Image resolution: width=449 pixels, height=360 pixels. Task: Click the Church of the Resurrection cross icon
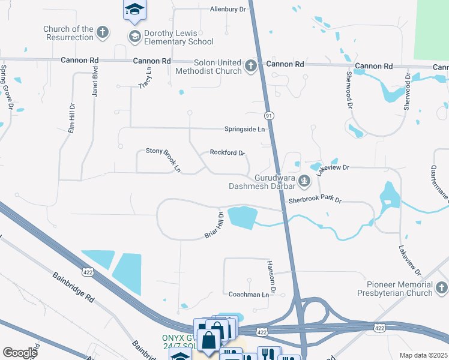[x=103, y=32]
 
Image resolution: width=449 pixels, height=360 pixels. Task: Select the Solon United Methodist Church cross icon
[x=251, y=66]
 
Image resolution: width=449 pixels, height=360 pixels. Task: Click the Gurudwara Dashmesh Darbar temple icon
[x=304, y=179]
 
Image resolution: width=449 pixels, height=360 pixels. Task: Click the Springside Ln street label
[x=244, y=129]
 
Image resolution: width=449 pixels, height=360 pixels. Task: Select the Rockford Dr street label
[x=227, y=152]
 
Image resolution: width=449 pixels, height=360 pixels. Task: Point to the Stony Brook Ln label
[x=163, y=160]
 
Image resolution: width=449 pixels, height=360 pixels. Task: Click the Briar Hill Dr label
[x=214, y=225]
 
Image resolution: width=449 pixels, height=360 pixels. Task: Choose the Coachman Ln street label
[x=249, y=295]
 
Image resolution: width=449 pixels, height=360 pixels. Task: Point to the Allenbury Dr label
[x=228, y=9]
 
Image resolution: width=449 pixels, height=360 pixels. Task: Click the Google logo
[x=20, y=353]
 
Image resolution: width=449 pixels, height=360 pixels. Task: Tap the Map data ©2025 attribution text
[x=423, y=355]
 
